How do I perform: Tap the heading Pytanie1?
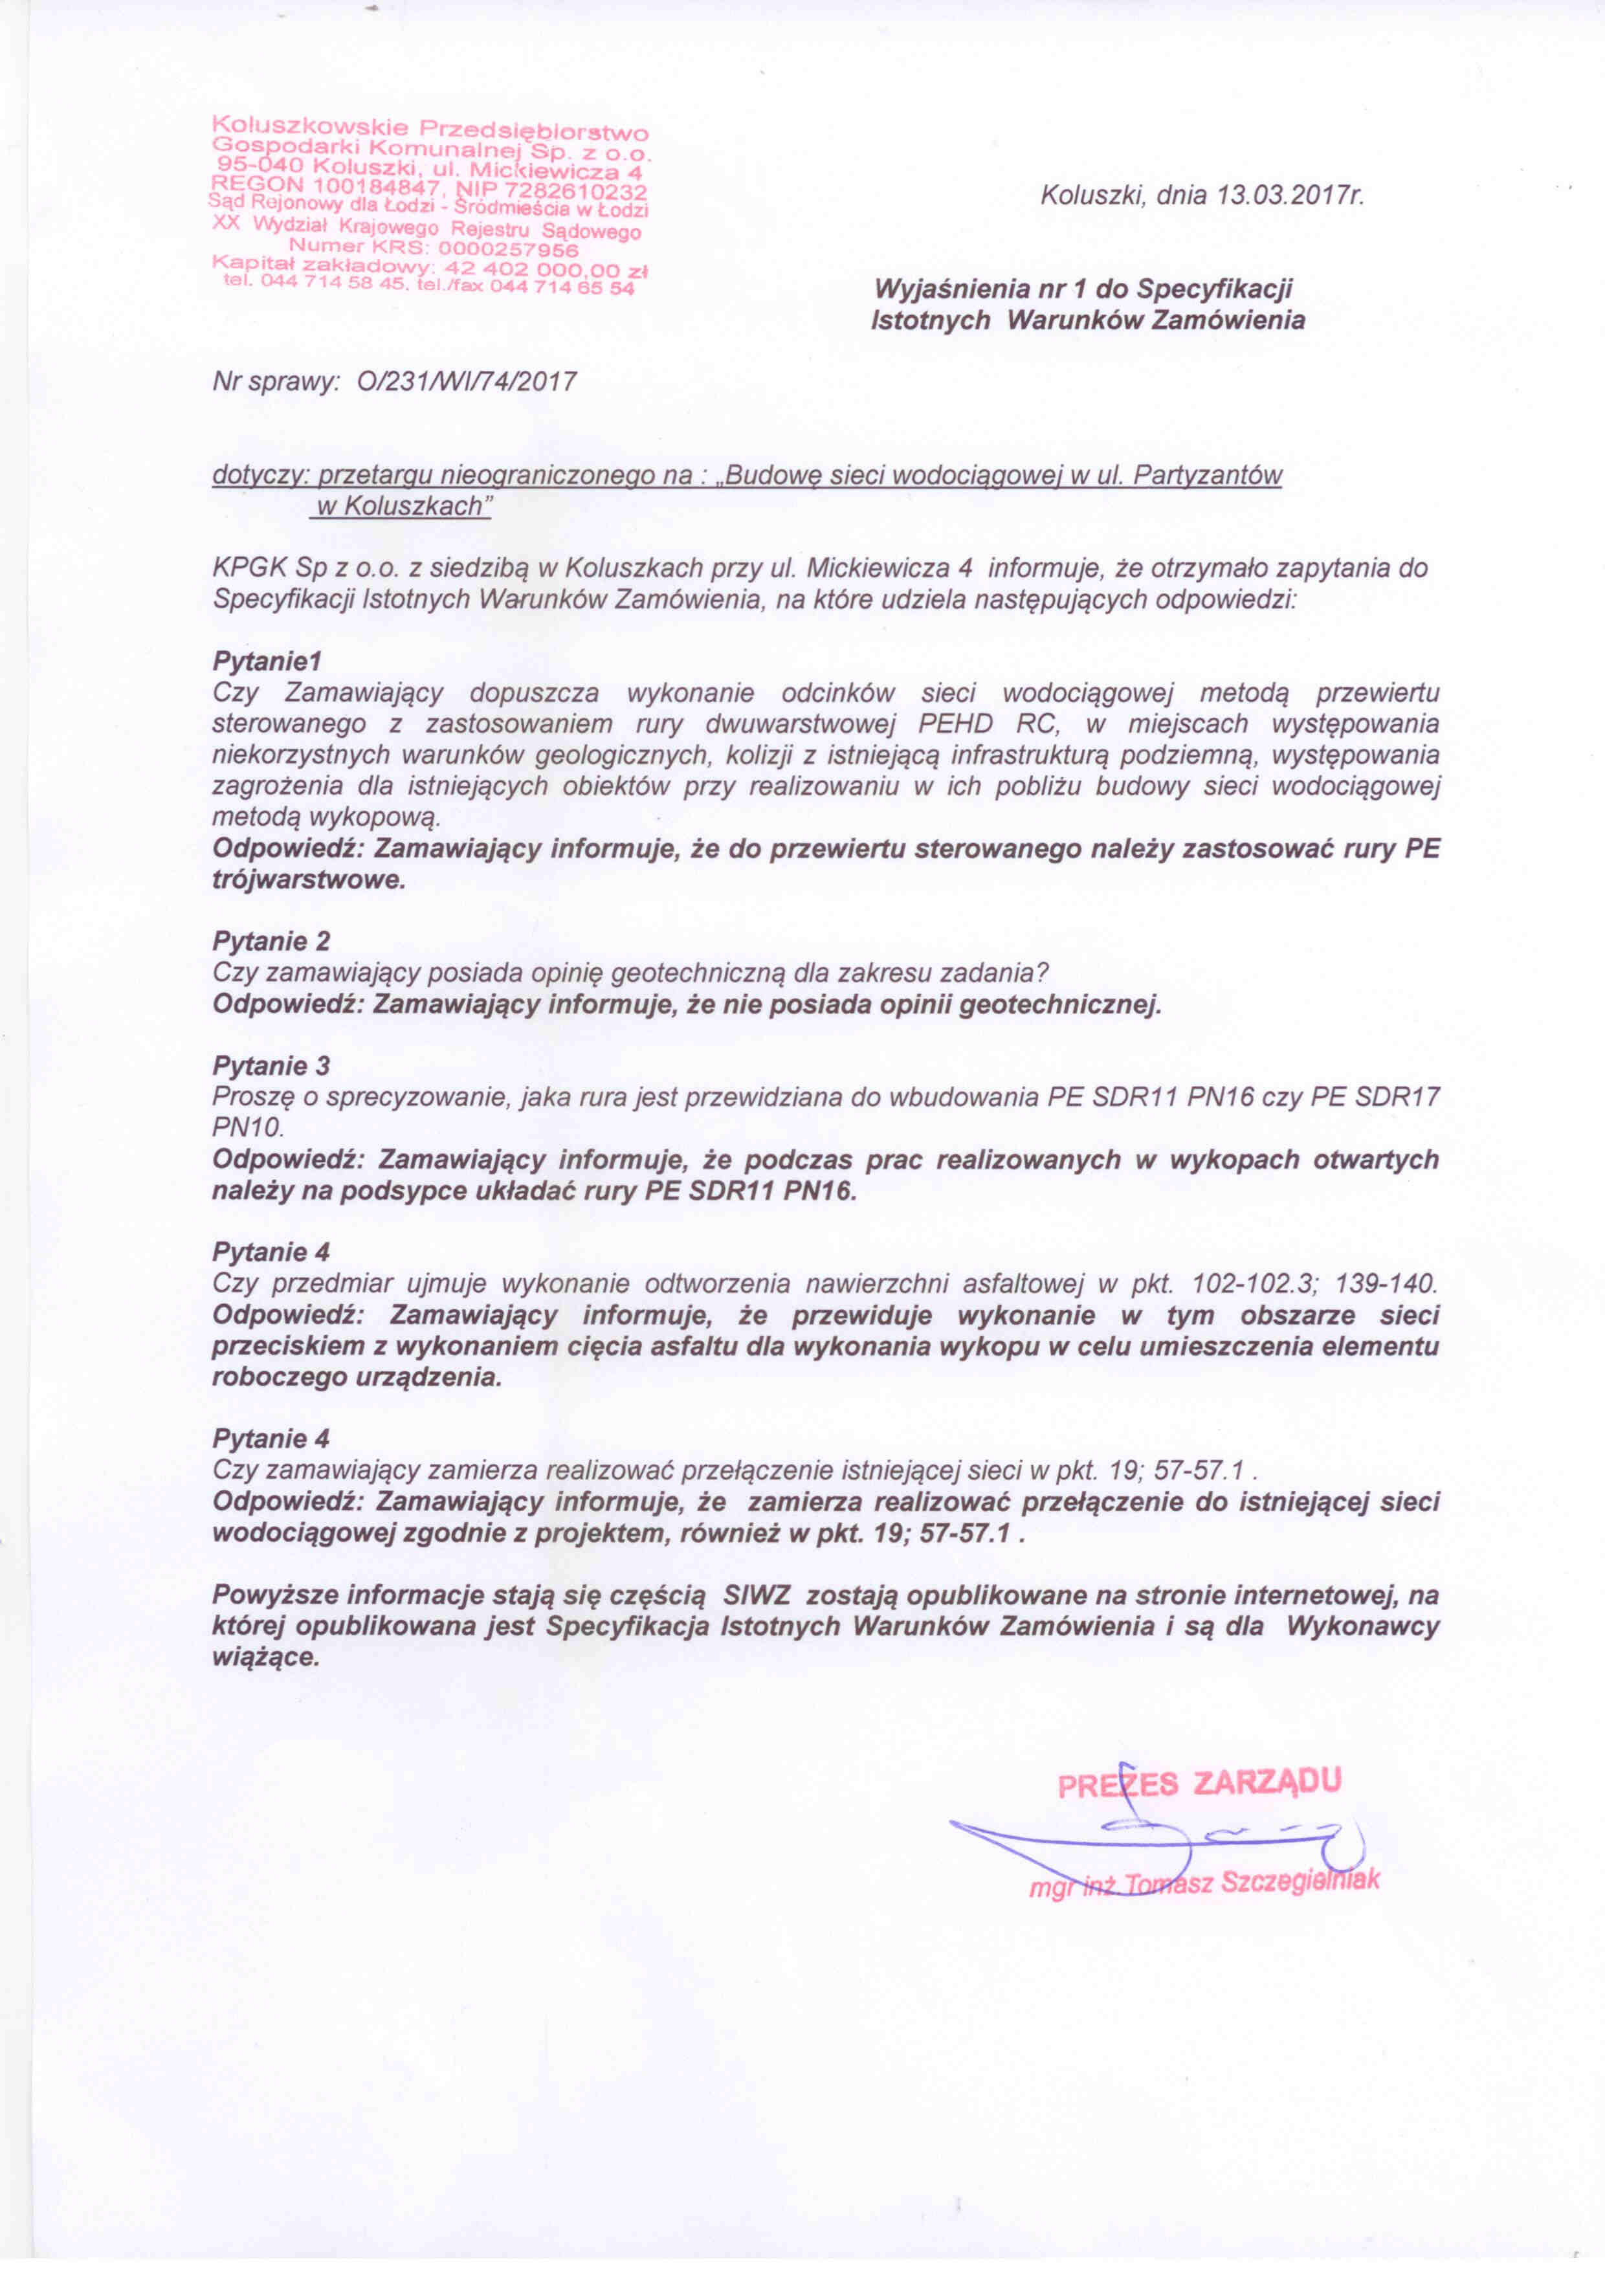point(267,660)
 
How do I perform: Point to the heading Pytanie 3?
point(271,1065)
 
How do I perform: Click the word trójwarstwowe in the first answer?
point(308,880)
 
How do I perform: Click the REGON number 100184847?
point(379,185)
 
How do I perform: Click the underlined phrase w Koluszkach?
point(400,507)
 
